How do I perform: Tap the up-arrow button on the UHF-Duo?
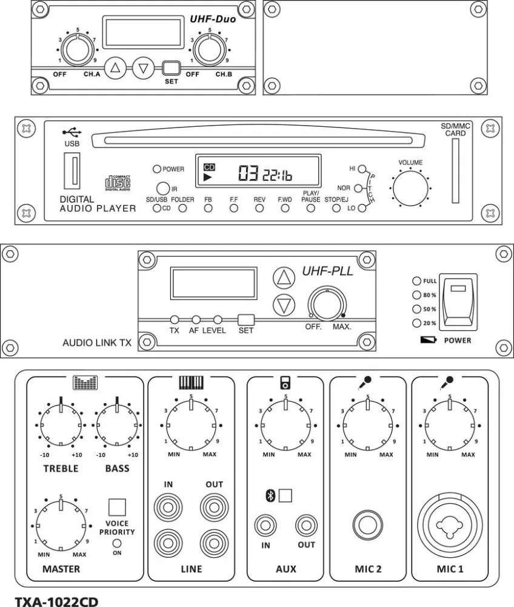click(x=115, y=68)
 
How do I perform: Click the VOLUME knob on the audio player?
click(x=410, y=188)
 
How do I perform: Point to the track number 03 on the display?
click(x=247, y=175)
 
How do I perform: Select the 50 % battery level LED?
click(x=416, y=309)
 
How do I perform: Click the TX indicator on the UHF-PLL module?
click(x=174, y=319)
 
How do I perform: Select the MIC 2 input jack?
click(x=368, y=524)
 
